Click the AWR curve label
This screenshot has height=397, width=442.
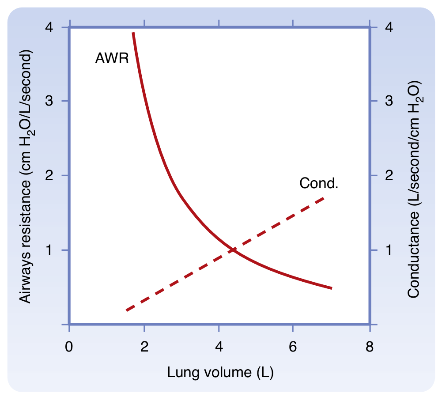(x=112, y=58)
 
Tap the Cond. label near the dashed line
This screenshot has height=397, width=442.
(x=319, y=183)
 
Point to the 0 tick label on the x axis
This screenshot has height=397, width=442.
(x=69, y=347)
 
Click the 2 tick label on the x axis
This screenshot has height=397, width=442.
(x=144, y=347)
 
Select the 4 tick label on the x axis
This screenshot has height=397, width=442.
(x=219, y=347)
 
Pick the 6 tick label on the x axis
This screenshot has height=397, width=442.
(x=293, y=347)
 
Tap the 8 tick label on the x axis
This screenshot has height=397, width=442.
(x=370, y=347)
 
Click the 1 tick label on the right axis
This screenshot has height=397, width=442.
(x=389, y=250)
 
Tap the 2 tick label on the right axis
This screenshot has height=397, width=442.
(x=389, y=175)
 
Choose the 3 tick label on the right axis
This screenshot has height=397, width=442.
(x=389, y=101)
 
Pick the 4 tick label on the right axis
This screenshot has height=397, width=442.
(x=389, y=27)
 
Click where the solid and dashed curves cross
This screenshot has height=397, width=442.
(x=233, y=250)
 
